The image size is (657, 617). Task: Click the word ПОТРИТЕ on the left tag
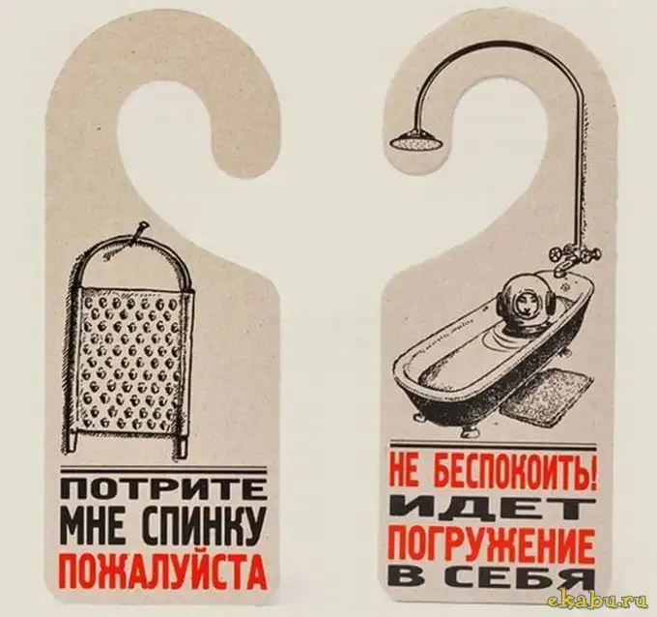point(163,490)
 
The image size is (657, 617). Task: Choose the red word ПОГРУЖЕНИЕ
point(492,544)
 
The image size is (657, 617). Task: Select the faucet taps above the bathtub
point(573,255)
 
